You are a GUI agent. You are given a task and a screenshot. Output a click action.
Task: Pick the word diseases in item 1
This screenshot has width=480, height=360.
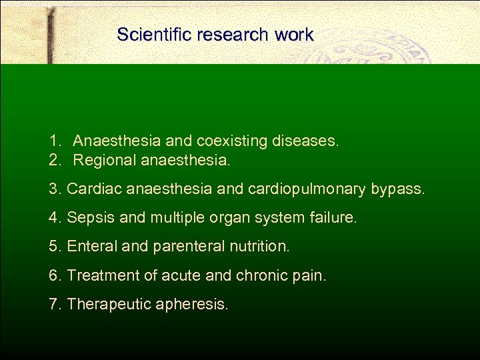coord(304,141)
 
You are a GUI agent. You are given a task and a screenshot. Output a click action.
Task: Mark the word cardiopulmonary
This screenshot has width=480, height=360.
coord(309,189)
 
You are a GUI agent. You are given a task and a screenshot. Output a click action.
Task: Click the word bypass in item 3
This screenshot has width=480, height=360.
coord(397,189)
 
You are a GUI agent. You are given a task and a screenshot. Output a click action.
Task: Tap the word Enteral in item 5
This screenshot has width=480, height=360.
coord(91,247)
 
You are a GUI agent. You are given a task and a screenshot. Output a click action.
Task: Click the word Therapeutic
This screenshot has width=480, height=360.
coord(109,305)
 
